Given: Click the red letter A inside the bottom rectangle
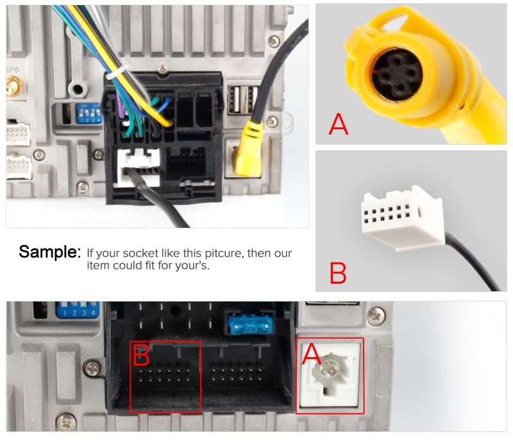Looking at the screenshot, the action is coord(312,354).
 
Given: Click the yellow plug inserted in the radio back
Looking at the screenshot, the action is coord(247,152).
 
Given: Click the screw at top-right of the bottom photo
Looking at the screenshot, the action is coord(376,314).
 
